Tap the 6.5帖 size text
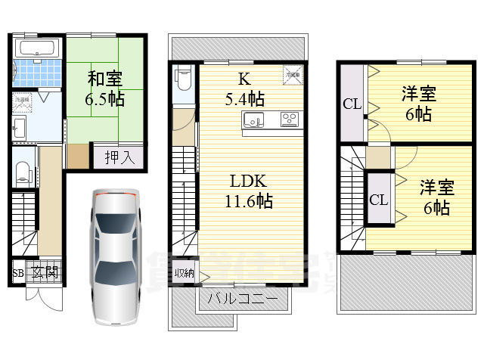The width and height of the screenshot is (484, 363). [x=104, y=99]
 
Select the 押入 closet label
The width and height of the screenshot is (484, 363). [x=119, y=158]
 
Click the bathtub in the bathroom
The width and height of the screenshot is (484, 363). [x=36, y=48]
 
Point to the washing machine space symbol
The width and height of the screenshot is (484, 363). [x=22, y=101]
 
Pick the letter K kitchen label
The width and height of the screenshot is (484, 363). [x=244, y=79]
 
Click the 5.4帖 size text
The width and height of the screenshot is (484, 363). [x=244, y=98]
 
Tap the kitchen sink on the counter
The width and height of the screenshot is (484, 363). [x=253, y=119]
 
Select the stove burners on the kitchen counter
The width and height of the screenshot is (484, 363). [x=290, y=119]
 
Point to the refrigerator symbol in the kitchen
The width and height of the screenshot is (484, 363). [x=292, y=73]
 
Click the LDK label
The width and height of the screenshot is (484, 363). [x=247, y=181]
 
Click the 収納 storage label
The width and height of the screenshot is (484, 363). [x=184, y=273]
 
